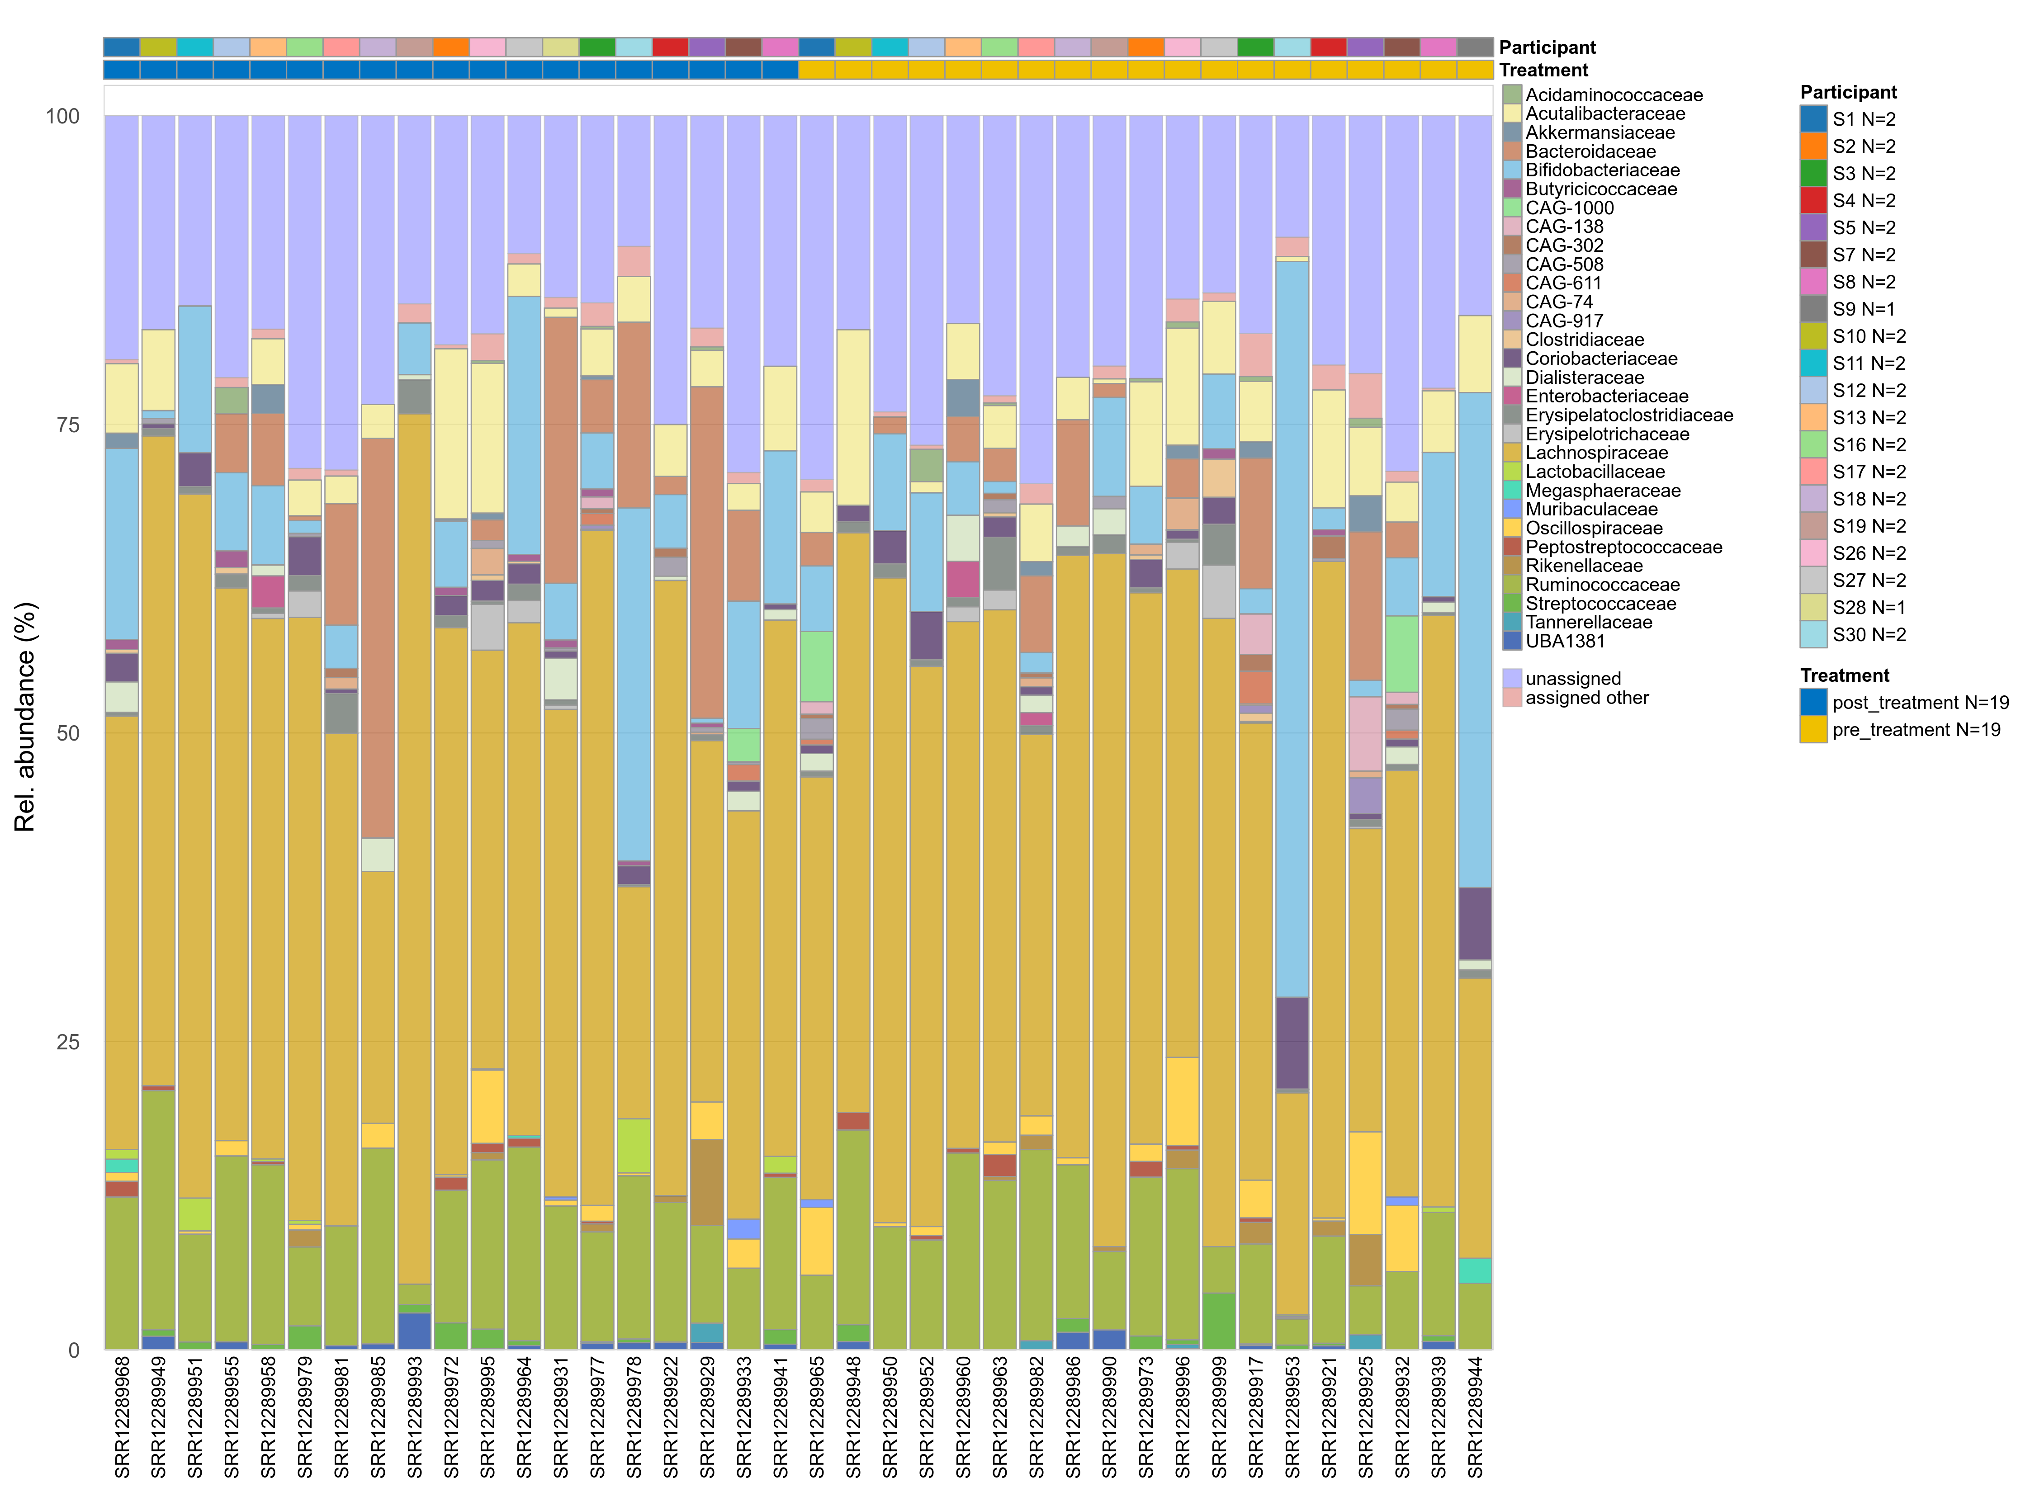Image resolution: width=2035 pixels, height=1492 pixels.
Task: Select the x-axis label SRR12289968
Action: pyautogui.click(x=122, y=1416)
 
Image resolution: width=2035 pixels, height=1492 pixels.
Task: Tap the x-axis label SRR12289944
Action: pyautogui.click(x=1475, y=1416)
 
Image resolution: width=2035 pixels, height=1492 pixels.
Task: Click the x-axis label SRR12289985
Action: pyautogui.click(x=379, y=1416)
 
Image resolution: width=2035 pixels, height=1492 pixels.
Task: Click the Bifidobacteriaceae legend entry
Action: pyautogui.click(x=1602, y=170)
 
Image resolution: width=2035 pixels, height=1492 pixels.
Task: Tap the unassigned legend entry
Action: pyautogui.click(x=1572, y=678)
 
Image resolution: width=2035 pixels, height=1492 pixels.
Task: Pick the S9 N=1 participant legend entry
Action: pyautogui.click(x=1864, y=309)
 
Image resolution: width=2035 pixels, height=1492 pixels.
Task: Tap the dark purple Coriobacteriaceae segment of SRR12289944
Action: pyautogui.click(x=1475, y=923)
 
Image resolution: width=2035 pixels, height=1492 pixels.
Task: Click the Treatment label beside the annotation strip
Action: pyautogui.click(x=1543, y=70)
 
